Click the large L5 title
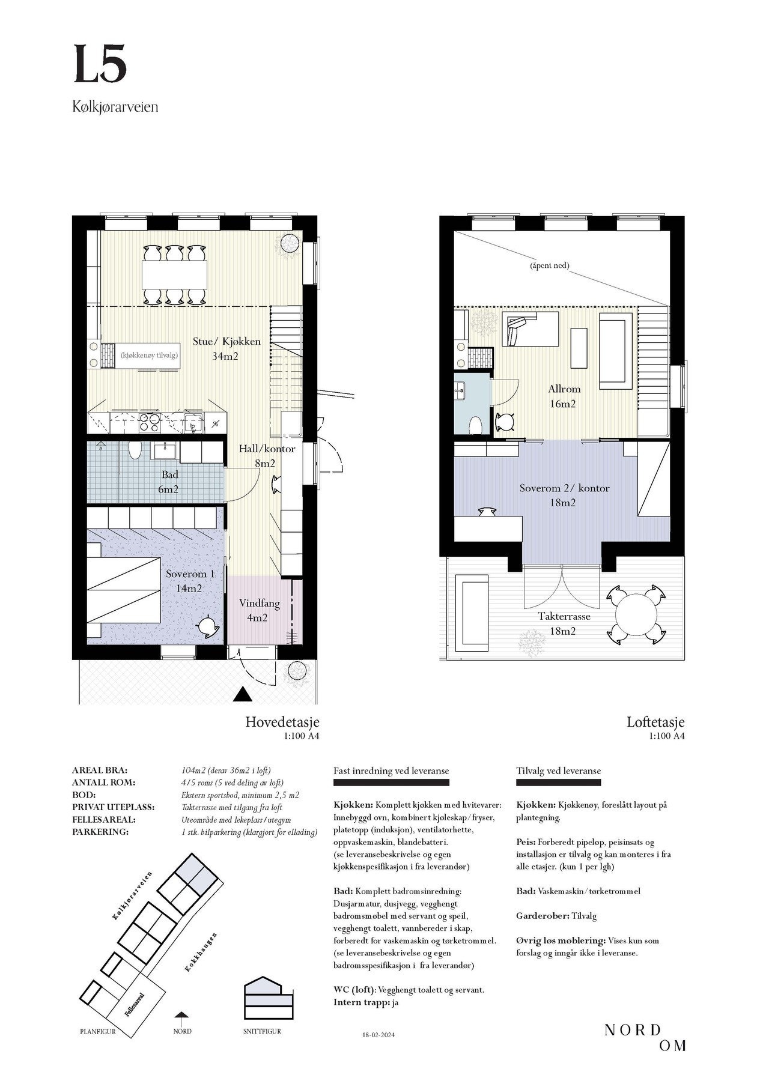100,64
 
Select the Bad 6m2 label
169,482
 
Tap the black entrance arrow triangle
243,694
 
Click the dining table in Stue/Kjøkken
174,274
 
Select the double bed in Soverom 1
124,591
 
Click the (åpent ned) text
549,265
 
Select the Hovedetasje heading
282,722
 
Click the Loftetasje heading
655,722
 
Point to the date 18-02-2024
380,1034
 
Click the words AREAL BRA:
100,771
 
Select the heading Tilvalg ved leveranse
558,771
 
